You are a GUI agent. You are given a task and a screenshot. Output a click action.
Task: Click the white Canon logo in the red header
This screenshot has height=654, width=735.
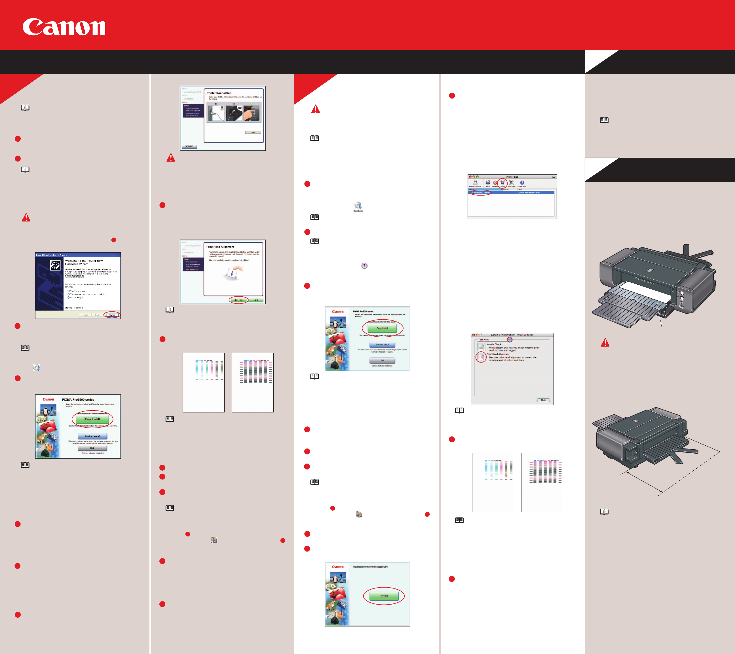pos(64,27)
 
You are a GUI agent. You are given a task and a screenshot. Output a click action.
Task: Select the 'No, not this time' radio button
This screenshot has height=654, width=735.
pos(69,298)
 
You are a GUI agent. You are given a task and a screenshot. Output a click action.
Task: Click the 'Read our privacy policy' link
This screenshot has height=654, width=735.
pos(74,276)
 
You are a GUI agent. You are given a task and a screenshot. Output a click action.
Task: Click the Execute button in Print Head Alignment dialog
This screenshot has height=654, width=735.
pos(238,300)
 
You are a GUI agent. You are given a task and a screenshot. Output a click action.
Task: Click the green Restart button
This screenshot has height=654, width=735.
pos(384,596)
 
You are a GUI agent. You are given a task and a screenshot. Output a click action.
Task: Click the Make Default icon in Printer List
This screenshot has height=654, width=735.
pos(475,183)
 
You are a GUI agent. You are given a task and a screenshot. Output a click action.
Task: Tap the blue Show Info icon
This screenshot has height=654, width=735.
pos(522,183)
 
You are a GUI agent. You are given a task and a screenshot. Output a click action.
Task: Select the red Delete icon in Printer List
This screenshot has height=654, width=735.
pos(495,183)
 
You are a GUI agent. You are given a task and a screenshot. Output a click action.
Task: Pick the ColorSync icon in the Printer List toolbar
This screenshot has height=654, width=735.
pos(511,183)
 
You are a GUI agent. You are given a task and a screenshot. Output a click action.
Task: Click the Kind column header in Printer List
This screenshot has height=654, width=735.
pos(519,189)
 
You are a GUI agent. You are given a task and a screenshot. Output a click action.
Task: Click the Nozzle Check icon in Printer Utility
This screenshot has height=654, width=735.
pos(481,347)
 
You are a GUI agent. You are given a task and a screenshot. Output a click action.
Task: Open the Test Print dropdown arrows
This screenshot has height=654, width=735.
pos(510,339)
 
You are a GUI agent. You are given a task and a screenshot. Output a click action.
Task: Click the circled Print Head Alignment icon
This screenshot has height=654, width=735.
pos(481,357)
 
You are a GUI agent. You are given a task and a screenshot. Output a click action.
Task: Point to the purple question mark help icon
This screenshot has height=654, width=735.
pos(364,266)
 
